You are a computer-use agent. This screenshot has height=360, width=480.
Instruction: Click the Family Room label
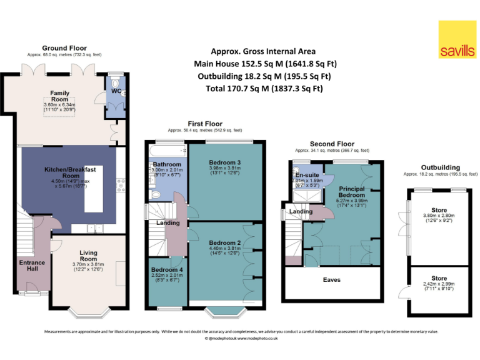(x=59, y=96)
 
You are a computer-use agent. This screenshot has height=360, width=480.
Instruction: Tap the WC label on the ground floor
(x=116, y=91)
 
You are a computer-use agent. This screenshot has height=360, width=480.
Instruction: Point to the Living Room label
(x=88, y=255)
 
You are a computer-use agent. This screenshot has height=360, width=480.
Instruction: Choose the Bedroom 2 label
(x=225, y=242)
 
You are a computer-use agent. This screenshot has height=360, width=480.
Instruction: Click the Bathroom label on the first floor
(x=167, y=164)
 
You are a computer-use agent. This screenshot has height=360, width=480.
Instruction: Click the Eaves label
(x=332, y=279)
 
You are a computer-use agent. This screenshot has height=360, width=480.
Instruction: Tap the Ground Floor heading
(x=64, y=48)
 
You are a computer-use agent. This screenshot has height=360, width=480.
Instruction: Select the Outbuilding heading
(x=440, y=167)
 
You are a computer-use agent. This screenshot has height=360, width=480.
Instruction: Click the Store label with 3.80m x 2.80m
(x=439, y=210)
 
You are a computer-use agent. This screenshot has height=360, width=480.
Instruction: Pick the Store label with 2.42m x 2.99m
(x=439, y=279)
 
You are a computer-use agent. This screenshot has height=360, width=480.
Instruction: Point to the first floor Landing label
(x=167, y=222)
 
